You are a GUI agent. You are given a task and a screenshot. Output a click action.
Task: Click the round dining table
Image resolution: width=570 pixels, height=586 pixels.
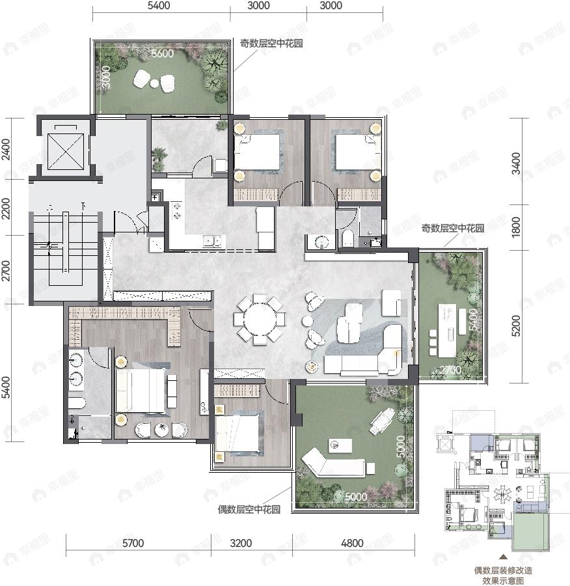coord(260,318)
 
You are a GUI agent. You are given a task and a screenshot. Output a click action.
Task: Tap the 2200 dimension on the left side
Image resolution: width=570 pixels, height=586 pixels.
coord(7,209)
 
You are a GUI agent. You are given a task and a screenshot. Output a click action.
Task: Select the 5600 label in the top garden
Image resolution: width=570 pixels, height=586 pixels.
coord(162,54)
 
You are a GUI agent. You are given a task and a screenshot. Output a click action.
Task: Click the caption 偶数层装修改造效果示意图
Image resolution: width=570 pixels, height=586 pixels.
coord(503,575)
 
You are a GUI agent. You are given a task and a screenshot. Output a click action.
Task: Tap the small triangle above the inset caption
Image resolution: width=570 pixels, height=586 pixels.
coord(503,557)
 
